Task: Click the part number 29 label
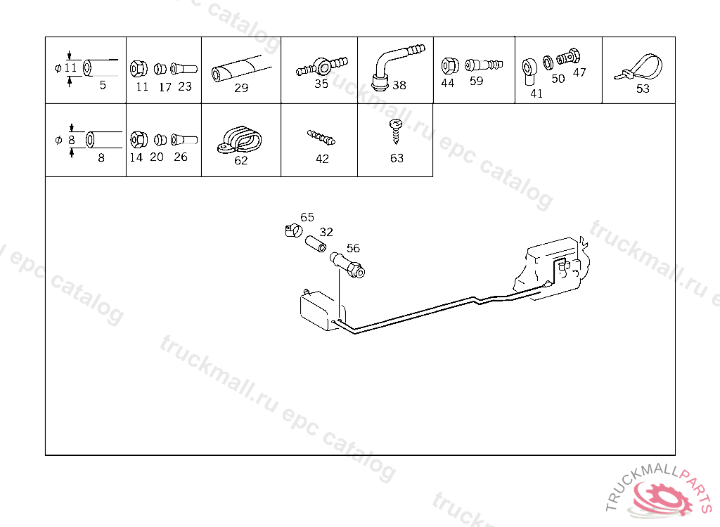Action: point(241,88)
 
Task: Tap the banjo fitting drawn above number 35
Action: point(322,67)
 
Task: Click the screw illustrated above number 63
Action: point(395,131)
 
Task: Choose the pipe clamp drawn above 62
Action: point(239,140)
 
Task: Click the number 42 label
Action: point(322,159)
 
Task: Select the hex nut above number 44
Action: point(449,66)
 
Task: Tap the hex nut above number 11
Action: point(139,69)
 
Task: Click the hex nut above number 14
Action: point(139,140)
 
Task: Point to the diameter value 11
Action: point(70,68)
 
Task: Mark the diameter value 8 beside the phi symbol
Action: point(72,140)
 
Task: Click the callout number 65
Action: point(307,217)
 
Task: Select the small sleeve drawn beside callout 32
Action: point(316,244)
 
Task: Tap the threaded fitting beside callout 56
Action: point(347,266)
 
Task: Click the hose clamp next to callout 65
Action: point(293,230)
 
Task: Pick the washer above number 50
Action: point(548,63)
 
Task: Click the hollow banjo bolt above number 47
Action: point(568,57)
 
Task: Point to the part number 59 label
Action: point(476,81)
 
